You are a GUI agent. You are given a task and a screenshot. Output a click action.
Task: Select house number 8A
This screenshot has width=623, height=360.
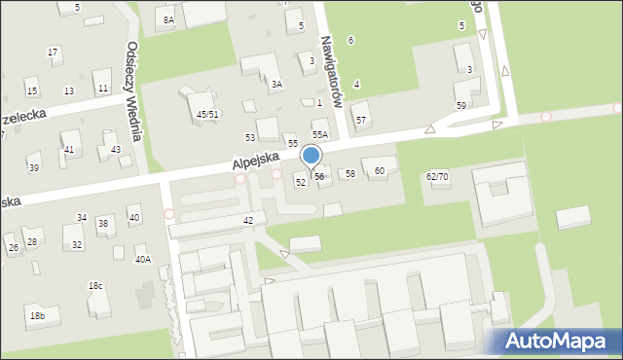coord(168,19)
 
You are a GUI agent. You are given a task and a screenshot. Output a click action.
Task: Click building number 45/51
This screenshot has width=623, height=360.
coord(207,114)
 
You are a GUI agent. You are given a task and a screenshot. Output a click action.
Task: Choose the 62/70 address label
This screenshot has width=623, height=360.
coord(437,176)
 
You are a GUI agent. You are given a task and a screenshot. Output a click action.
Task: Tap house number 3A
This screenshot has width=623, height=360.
coord(276,85)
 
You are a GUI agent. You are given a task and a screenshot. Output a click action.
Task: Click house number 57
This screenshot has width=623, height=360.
coord(361,120)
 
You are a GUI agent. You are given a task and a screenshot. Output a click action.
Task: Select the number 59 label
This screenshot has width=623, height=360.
coord(461,105)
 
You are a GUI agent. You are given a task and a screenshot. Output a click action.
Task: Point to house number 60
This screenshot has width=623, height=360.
coord(380,171)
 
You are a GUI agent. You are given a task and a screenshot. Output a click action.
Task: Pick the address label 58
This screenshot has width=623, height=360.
coord(350,173)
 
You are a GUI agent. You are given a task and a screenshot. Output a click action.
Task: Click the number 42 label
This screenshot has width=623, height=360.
coord(248,221)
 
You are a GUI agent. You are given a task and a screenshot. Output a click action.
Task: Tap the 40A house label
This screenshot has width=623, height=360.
coord(143,259)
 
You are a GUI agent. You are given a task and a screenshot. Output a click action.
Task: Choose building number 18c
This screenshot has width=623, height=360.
coord(95,285)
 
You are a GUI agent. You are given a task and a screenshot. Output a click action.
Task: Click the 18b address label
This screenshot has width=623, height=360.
coord(36,316)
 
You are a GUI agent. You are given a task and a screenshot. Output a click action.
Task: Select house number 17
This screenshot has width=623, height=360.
coord(53,52)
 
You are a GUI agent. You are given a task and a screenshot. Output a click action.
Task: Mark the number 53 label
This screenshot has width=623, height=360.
coord(250,137)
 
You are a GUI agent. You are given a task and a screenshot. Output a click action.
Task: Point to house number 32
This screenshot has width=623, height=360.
coord(77,244)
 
